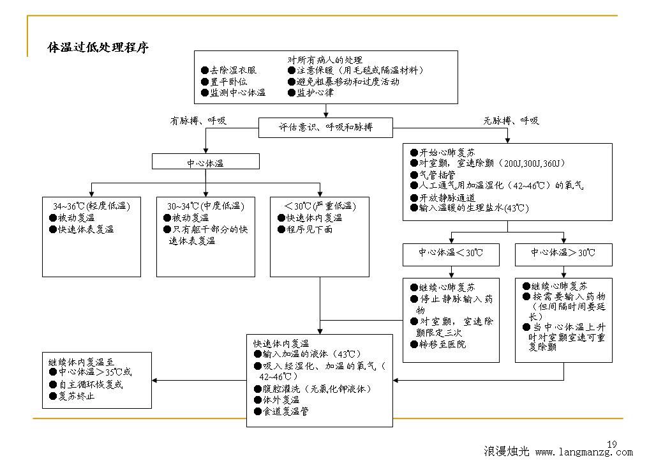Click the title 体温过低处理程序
click(x=98, y=47)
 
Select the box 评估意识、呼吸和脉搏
click(x=325, y=127)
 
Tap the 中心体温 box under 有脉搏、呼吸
click(x=205, y=162)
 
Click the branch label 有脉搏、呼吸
click(x=198, y=121)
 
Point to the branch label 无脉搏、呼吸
click(x=511, y=121)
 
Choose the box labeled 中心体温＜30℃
click(x=451, y=254)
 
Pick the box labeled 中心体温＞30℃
click(x=563, y=254)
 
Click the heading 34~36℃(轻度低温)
click(x=92, y=206)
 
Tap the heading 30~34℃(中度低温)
click(x=205, y=206)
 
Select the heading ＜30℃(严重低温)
click(x=320, y=206)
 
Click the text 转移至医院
click(x=442, y=344)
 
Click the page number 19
click(x=612, y=444)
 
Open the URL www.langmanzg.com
click(x=584, y=452)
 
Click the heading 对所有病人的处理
click(x=325, y=60)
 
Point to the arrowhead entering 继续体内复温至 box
click(x=154, y=381)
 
